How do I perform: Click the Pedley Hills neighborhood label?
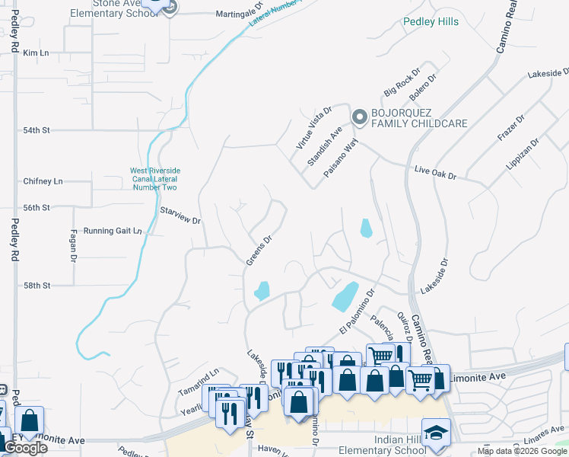pos(431,21)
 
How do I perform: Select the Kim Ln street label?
pos(36,53)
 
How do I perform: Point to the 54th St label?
pos(36,130)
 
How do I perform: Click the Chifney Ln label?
pos(43,181)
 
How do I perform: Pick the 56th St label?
pos(36,207)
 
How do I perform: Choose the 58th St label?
pos(36,285)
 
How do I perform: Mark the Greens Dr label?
pos(259,250)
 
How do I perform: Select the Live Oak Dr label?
pos(435,174)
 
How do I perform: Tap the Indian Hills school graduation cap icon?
pos(437,433)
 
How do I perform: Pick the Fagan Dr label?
pos(74,246)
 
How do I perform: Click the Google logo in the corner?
pos(26,448)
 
